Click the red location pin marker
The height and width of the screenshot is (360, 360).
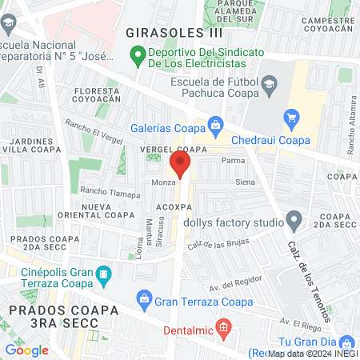180,166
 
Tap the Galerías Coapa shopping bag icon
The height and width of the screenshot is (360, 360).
215,124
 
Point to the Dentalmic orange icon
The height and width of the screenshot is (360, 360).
223,326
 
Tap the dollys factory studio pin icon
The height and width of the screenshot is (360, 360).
294,218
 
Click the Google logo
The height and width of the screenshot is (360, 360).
26,350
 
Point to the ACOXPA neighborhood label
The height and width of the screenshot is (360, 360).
174,206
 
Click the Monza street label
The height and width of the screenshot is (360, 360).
164,183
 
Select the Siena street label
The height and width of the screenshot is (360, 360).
245,182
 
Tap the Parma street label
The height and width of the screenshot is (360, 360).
233,160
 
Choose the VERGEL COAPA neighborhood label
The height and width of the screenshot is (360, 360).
170,150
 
